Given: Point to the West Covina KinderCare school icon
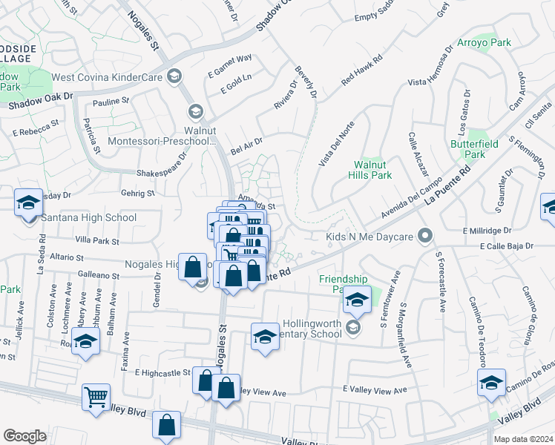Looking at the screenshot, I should click(175, 75).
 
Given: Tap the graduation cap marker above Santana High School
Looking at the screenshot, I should click(28, 202).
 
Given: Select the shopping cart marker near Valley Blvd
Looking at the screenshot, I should click(96, 397).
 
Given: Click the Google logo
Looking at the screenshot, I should click(24, 435).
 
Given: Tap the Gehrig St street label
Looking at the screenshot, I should click(137, 194).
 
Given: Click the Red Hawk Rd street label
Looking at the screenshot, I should click(362, 69).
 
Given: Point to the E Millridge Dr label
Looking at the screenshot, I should click(501, 231).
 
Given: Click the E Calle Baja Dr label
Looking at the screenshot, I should click(507, 245).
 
